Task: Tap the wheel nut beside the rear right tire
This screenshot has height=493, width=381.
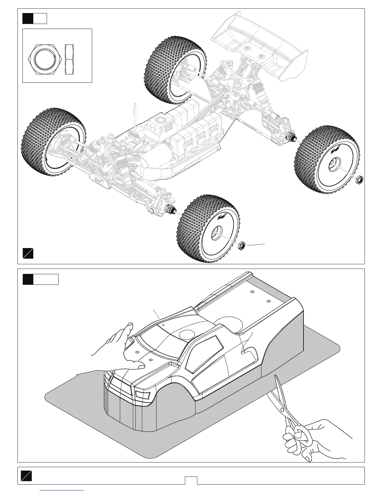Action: (360, 180)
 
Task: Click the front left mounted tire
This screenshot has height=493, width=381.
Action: (51, 142)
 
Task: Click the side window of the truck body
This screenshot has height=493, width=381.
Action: (205, 350)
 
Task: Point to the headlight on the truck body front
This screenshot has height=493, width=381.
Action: (143, 395)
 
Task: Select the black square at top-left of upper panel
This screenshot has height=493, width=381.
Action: (28, 18)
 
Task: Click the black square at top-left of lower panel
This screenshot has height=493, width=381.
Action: (28, 279)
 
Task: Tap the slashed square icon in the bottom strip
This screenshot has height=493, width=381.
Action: (26, 476)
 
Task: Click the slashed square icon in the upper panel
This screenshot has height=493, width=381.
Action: (28, 253)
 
